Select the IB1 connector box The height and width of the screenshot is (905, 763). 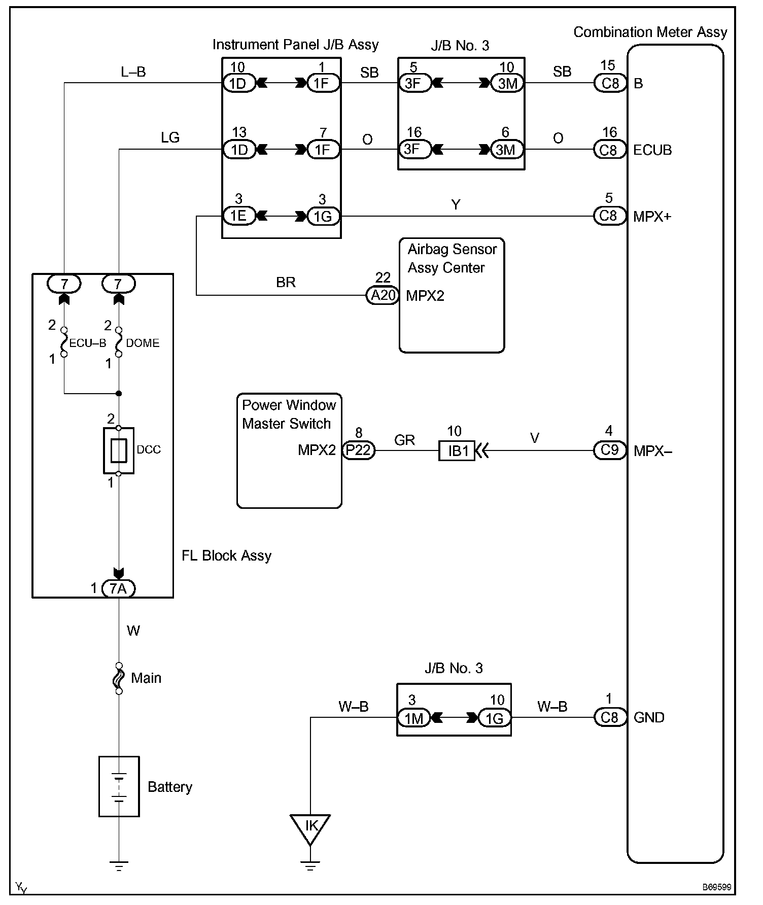click(x=457, y=450)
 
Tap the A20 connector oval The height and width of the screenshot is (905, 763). click(x=383, y=295)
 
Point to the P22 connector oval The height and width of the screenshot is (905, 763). click(x=359, y=450)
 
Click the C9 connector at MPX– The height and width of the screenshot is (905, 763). click(x=610, y=450)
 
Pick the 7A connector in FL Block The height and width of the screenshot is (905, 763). click(x=119, y=588)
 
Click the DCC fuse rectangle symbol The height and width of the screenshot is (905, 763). click(x=119, y=450)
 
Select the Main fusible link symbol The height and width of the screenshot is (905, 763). click(x=119, y=678)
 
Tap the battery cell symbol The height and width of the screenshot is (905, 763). click(x=119, y=787)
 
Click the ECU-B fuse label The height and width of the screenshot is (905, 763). click(x=88, y=343)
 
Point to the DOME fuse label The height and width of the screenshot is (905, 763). click(x=143, y=343)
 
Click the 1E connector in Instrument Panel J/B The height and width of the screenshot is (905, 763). click(x=238, y=216)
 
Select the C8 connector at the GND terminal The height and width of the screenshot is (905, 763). click(x=610, y=717)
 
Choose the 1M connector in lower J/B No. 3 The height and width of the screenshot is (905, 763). click(x=413, y=718)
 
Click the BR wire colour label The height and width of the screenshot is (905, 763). click(x=286, y=283)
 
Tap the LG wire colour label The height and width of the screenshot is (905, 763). click(x=170, y=137)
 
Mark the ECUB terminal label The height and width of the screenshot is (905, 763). click(x=652, y=150)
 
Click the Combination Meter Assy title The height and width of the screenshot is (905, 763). click(x=650, y=32)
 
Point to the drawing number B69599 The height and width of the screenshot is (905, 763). click(x=717, y=887)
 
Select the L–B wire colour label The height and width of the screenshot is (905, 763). click(x=133, y=72)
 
